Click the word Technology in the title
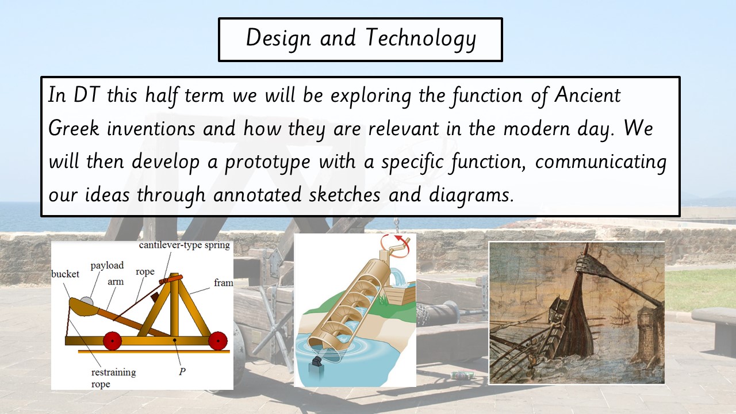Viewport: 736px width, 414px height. click(421, 39)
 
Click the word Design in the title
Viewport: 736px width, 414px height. click(278, 39)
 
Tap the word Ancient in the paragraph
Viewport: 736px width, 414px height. click(588, 95)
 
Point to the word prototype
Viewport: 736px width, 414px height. click(267, 163)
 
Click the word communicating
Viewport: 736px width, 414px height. click(601, 163)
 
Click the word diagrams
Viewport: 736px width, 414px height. click(471, 195)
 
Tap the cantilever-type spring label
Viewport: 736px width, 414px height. click(185, 246)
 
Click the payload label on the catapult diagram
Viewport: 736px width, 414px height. click(107, 266)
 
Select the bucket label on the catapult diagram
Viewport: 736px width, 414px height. click(65, 274)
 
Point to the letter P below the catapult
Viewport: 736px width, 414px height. click(182, 371)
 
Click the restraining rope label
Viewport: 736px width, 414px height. click(113, 378)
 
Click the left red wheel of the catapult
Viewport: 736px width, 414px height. click(112, 341)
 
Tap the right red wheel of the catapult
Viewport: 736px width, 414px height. click(218, 341)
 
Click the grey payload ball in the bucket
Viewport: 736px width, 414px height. click(87, 301)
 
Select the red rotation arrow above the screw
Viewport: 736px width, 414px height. click(395, 245)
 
